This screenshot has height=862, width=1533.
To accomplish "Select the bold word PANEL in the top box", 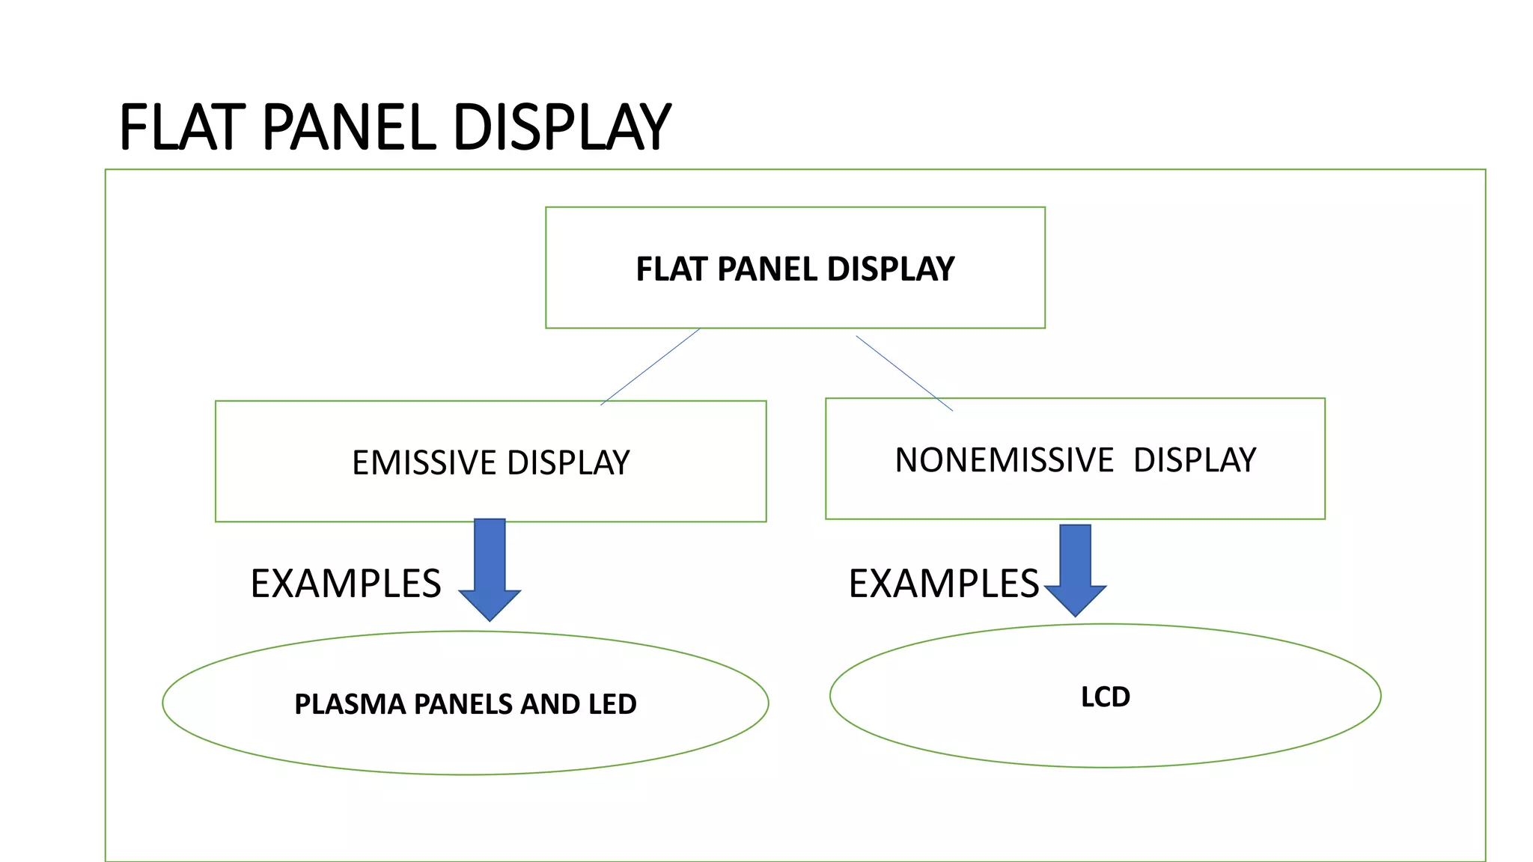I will tap(767, 269).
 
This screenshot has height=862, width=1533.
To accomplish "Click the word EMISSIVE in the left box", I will tap(424, 462).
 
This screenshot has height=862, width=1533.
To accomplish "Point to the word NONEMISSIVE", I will tap(1005, 460).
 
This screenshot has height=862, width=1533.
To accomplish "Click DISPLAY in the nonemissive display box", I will tap(1195, 460).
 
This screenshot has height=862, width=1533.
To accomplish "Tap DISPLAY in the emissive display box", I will tap(569, 462).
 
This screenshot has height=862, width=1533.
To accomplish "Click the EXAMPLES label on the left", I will tap(346, 584).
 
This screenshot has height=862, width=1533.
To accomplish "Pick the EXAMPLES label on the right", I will tap(944, 584).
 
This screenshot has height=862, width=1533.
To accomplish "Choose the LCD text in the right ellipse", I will tap(1106, 697).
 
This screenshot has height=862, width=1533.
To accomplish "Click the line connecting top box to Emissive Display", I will tap(650, 367).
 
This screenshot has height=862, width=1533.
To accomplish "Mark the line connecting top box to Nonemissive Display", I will tap(904, 373).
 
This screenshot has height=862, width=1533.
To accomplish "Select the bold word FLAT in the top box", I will tap(671, 269).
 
